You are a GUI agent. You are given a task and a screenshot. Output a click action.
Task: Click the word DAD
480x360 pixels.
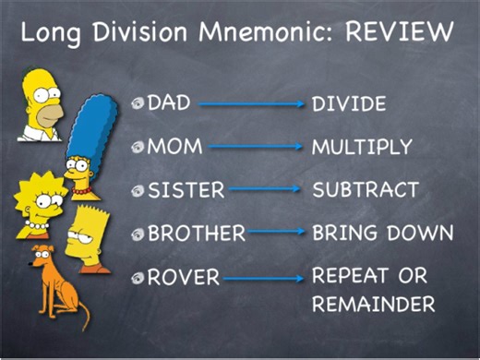(x=168, y=102)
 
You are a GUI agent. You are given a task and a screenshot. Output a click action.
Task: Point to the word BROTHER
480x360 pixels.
(x=197, y=233)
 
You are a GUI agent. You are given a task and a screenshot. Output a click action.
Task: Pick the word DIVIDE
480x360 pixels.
(x=348, y=103)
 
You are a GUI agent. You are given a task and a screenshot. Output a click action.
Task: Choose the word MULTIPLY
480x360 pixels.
(x=361, y=147)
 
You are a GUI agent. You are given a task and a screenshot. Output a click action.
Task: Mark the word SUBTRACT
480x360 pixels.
(x=365, y=190)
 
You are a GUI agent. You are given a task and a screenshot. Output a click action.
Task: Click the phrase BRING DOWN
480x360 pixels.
(x=381, y=233)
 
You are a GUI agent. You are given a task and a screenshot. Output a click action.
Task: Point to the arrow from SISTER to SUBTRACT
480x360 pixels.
(x=264, y=190)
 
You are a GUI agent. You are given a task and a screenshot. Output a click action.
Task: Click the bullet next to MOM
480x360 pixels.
(x=138, y=147)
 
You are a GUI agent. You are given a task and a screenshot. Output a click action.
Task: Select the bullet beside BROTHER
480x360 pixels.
(x=138, y=233)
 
